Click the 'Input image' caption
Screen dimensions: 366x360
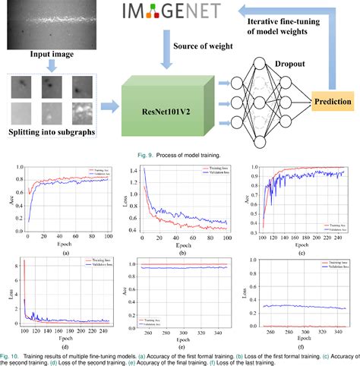[52, 54]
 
